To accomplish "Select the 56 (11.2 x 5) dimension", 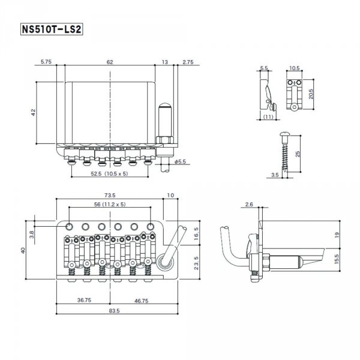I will pos(109,205).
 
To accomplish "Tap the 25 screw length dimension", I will pos(298,156).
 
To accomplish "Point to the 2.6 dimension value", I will pos(250,205).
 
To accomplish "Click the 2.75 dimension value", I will pos(187,62).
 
